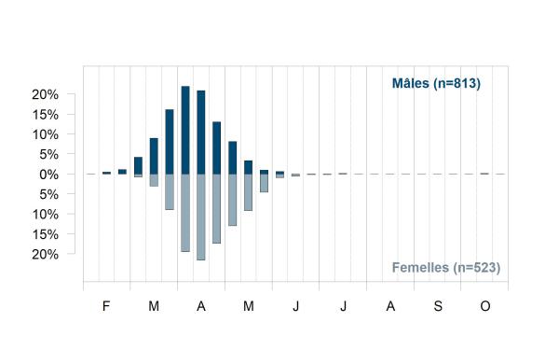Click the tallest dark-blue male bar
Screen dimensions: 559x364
[x=185, y=130]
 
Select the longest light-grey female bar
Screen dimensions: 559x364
[x=201, y=217]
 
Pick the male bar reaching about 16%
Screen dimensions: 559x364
[x=170, y=142]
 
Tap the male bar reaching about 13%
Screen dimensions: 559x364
[x=217, y=147]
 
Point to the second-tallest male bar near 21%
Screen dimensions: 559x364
[x=201, y=133]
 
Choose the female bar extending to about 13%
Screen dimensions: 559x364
[x=232, y=200]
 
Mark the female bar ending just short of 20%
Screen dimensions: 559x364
[x=185, y=213]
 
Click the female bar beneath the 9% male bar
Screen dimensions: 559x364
[x=154, y=180]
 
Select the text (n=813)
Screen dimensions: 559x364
[x=457, y=84]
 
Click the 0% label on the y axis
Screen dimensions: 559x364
[x=48, y=175]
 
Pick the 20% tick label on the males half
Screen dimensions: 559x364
[x=45, y=94]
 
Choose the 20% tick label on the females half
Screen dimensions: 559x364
[x=45, y=255]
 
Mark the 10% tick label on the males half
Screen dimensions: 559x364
[x=45, y=134]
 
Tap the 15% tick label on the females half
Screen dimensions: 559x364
[x=45, y=234]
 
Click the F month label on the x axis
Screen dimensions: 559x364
[x=106, y=306]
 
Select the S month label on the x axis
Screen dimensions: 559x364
[x=438, y=306]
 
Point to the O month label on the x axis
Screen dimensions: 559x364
[x=485, y=306]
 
